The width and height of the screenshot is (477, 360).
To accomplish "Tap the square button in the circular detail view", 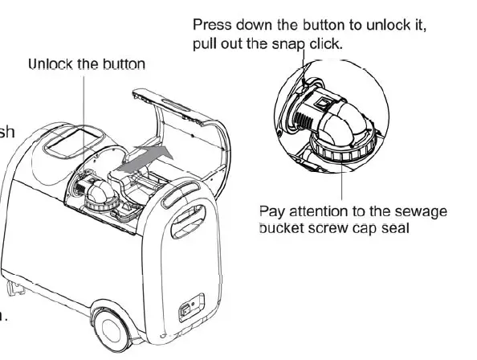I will [320, 104].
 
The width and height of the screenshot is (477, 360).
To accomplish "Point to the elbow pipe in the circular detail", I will [346, 121].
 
